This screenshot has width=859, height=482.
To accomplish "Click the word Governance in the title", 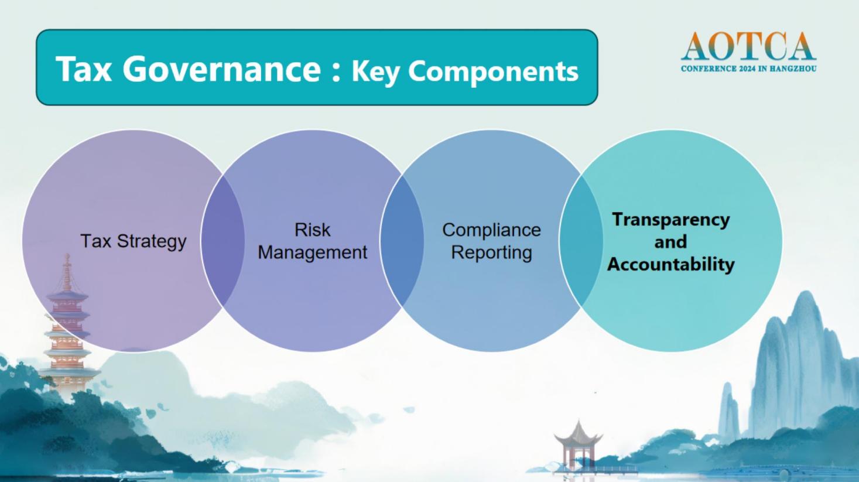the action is (221, 69).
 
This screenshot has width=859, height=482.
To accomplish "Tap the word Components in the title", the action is (493, 72).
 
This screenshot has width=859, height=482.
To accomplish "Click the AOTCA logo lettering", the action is (748, 46).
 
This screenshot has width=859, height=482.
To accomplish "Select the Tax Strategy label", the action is (134, 241).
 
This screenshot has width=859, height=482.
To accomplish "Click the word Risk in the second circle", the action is (312, 230).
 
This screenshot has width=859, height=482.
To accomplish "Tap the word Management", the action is (312, 253).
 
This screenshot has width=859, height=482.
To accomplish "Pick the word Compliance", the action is (491, 230).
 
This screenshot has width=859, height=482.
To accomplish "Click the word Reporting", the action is (491, 252).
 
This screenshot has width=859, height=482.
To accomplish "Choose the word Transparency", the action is (670, 220).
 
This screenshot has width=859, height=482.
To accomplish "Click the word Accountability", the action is (670, 264).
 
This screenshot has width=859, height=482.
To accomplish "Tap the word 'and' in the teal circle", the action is (670, 242).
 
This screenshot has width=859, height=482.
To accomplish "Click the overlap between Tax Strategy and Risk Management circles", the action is (223, 241).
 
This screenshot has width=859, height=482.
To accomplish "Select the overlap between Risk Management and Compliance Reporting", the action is (402, 241).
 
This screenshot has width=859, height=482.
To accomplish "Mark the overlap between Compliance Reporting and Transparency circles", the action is (581, 241).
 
